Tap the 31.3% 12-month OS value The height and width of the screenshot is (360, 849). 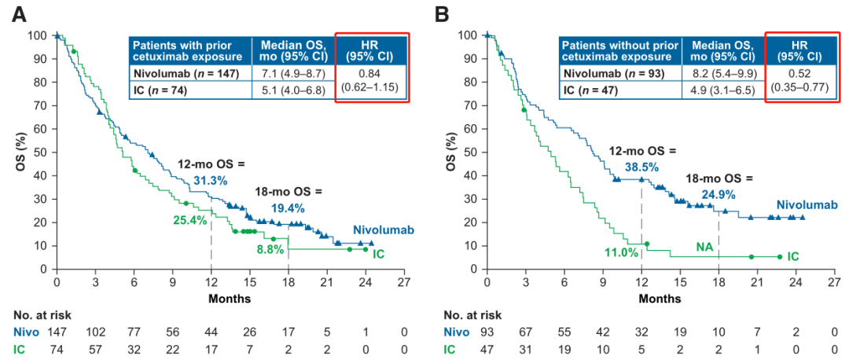[210, 181]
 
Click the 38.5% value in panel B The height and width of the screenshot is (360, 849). [641, 167]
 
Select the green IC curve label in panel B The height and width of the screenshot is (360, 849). [794, 256]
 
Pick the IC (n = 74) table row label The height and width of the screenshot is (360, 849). [161, 90]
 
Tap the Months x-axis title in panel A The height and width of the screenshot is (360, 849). [230, 299]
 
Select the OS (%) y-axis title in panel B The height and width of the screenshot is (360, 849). [451, 152]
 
